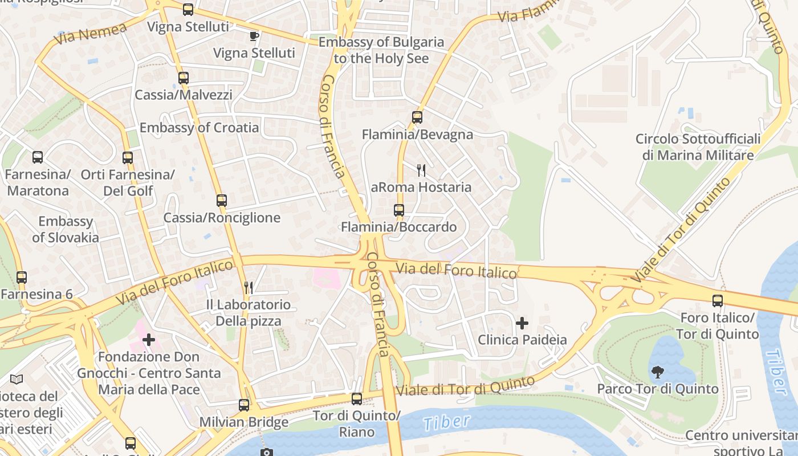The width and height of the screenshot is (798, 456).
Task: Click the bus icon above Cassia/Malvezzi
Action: coord(183,78)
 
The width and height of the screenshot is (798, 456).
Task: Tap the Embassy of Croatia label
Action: coord(199,128)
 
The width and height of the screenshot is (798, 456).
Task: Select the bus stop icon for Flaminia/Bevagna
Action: coord(417,117)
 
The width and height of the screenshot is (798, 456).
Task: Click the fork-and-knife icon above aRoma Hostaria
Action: coord(421,170)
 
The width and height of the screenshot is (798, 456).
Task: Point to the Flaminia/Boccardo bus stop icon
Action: coord(399,210)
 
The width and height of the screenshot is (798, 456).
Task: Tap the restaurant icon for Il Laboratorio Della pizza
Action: coord(248,288)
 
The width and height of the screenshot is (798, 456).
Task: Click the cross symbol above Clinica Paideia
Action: coord(522,323)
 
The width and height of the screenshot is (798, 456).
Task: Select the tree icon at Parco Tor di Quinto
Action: coord(658,372)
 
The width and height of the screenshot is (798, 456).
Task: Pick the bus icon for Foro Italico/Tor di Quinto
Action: coord(718,300)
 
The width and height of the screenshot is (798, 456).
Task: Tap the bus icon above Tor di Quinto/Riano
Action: coord(357,398)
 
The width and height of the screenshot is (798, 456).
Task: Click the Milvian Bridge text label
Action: coord(243,423)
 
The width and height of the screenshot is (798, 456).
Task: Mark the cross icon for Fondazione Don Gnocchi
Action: coord(149,340)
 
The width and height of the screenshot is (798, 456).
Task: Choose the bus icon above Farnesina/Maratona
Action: coord(38,157)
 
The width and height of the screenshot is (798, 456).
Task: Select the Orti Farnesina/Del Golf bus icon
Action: coord(128,158)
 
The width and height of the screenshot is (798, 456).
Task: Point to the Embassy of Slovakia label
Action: coord(66,229)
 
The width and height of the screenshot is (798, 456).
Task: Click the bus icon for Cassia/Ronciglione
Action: coord(222,201)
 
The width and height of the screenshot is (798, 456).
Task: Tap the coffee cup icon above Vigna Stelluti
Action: coord(254,36)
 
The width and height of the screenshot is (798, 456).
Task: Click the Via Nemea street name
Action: coord(91,34)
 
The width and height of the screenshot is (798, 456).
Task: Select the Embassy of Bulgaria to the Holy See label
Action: coord(381,50)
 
